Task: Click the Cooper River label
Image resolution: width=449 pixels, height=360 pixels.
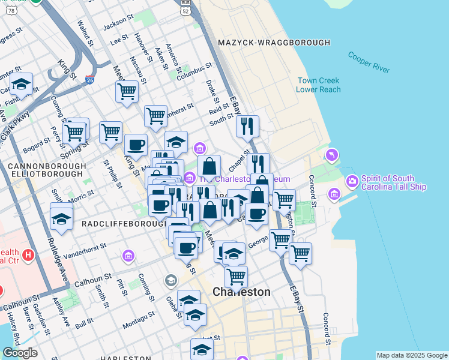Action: (369, 62)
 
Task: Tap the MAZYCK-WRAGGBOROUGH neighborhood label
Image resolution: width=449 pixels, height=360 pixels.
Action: (274, 43)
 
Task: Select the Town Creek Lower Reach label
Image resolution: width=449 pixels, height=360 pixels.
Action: (318, 85)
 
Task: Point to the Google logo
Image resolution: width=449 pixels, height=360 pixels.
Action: (20, 353)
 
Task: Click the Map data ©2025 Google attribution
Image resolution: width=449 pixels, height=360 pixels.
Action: (411, 355)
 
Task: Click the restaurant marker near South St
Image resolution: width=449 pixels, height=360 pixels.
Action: (247, 127)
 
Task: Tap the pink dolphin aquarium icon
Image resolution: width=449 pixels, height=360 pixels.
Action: (331, 156)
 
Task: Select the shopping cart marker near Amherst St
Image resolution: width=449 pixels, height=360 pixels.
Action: (155, 115)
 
